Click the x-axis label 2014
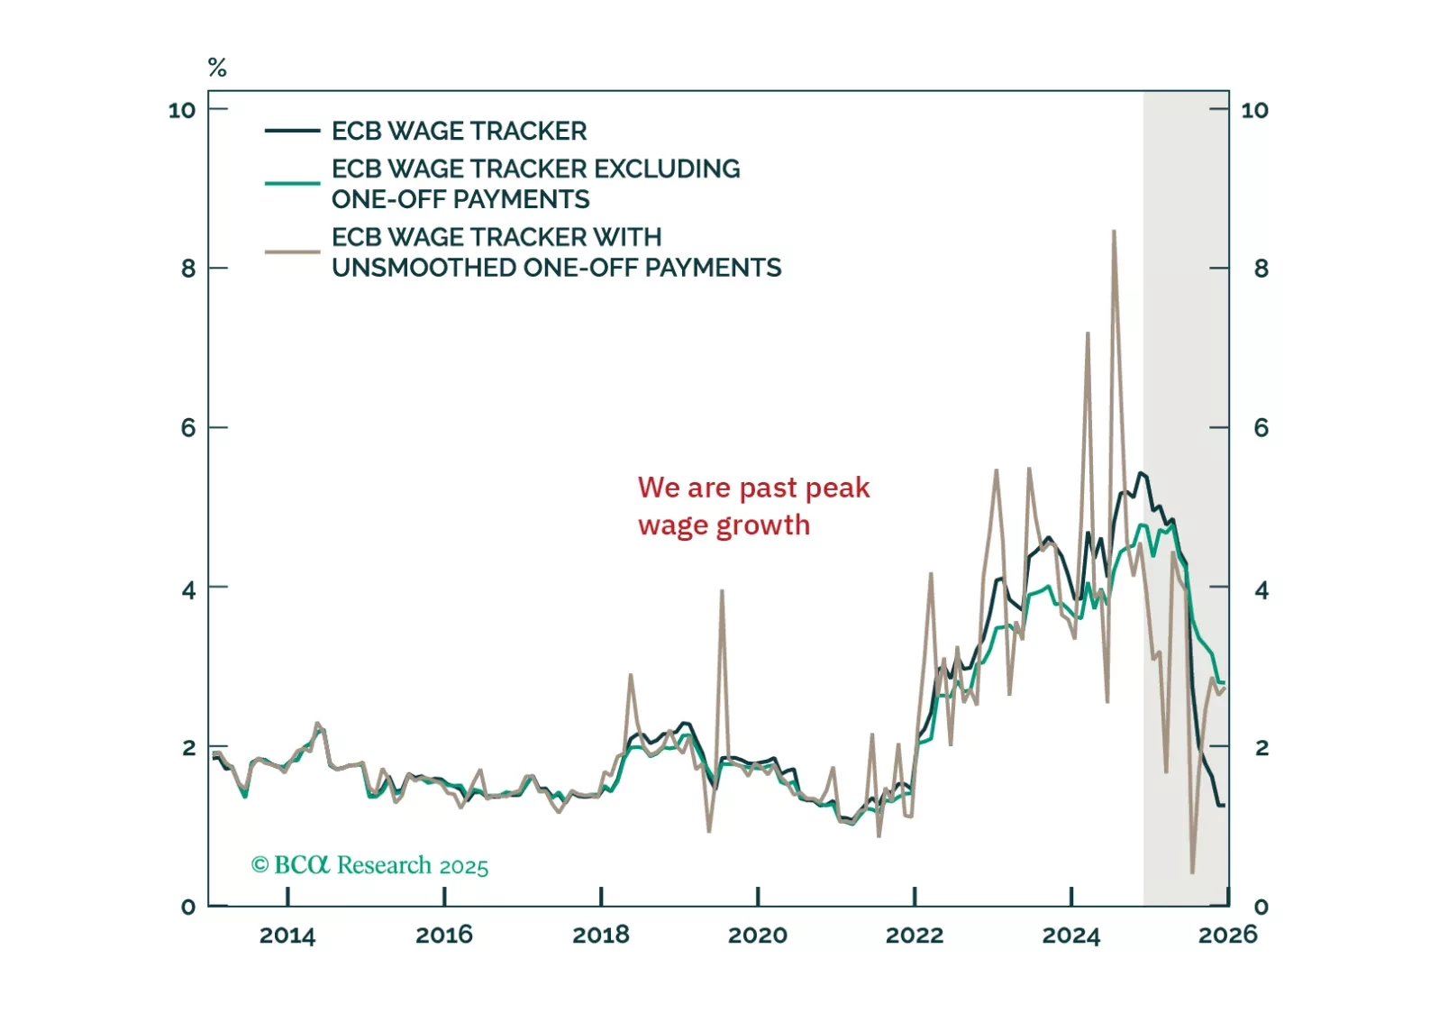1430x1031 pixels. [287, 935]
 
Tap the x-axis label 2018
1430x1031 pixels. [601, 935]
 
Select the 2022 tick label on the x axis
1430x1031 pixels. [915, 935]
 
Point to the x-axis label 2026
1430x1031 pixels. [1227, 935]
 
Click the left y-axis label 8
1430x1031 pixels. [187, 269]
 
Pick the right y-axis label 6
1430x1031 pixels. [1261, 428]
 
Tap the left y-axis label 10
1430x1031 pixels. [182, 110]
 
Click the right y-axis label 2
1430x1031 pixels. [1261, 747]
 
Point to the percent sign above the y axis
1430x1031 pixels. [217, 68]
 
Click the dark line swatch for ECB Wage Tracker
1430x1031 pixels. [292, 132]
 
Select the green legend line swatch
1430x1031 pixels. [292, 183]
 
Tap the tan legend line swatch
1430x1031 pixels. [292, 252]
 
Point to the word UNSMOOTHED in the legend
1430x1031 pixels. [424, 268]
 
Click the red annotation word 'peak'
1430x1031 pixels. [837, 488]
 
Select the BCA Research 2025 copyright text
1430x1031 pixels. [369, 865]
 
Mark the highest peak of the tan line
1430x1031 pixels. [1114, 232]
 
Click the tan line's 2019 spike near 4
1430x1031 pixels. [722, 591]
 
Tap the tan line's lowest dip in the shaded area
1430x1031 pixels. [1192, 871]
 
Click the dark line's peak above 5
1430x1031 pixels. [1141, 473]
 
